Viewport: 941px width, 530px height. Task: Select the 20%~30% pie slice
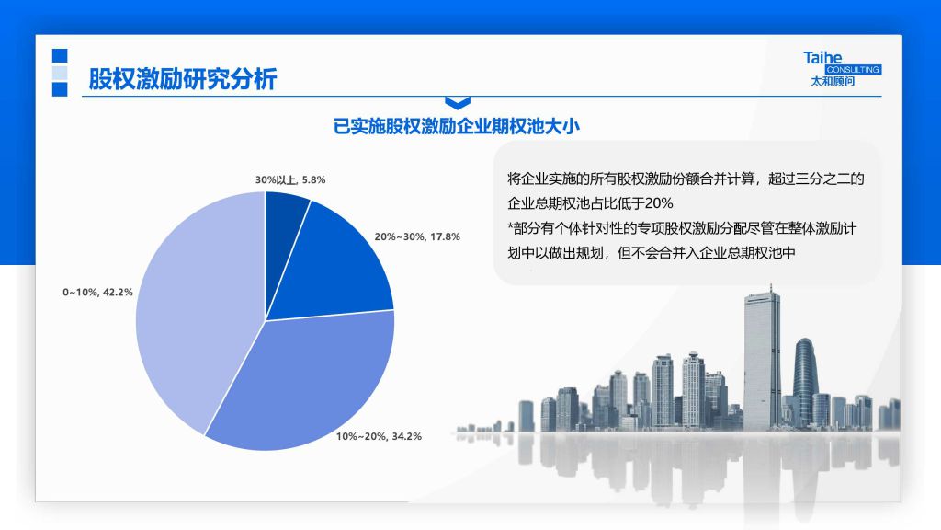pyautogui.click(x=337, y=271)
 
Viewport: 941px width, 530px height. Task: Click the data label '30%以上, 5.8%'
pyautogui.click(x=290, y=179)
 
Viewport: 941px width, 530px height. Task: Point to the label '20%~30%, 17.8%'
pyautogui.click(x=417, y=236)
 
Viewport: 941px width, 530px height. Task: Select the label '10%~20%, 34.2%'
pyautogui.click(x=379, y=436)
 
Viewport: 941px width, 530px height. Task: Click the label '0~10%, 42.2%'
pyautogui.click(x=97, y=292)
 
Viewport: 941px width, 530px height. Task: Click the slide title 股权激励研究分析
pyautogui.click(x=183, y=79)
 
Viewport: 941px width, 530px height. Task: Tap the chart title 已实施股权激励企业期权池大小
pyautogui.click(x=457, y=126)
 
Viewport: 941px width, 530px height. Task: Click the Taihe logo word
pyautogui.click(x=822, y=58)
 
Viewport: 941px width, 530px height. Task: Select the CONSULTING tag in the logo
pyautogui.click(x=853, y=70)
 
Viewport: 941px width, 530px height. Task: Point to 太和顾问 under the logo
pyautogui.click(x=833, y=81)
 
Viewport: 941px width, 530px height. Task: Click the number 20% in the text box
pyautogui.click(x=659, y=203)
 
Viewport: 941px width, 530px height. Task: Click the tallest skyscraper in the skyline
pyautogui.click(x=762, y=360)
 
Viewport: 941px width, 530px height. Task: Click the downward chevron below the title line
pyautogui.click(x=458, y=103)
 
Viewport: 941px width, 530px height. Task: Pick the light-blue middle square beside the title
pyautogui.click(x=60, y=73)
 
